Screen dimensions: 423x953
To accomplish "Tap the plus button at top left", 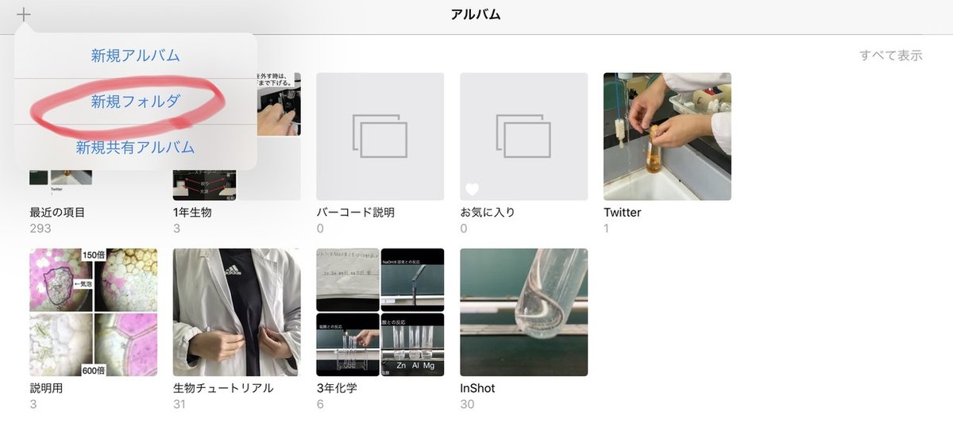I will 25,14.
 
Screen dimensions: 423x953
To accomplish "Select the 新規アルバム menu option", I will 135,56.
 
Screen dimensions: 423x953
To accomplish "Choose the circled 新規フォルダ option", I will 135,101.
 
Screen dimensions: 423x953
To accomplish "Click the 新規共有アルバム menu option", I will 135,147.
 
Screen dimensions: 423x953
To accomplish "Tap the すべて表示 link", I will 890,56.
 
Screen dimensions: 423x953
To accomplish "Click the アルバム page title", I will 476,14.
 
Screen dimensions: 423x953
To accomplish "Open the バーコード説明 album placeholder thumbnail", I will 380,137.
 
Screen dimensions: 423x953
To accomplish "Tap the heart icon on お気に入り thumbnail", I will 473,189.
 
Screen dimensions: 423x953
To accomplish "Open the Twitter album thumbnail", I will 667,137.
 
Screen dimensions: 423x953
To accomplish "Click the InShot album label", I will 477,388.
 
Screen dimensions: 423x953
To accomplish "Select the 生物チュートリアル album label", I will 223,388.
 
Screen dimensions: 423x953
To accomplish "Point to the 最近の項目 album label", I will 57,213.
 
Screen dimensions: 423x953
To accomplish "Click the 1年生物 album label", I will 192,213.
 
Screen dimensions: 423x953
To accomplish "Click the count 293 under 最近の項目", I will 41,229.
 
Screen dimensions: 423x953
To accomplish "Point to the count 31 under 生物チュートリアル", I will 179,404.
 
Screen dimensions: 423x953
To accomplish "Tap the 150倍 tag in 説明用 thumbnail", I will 93,256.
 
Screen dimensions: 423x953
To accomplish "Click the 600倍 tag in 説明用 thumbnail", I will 93,369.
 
